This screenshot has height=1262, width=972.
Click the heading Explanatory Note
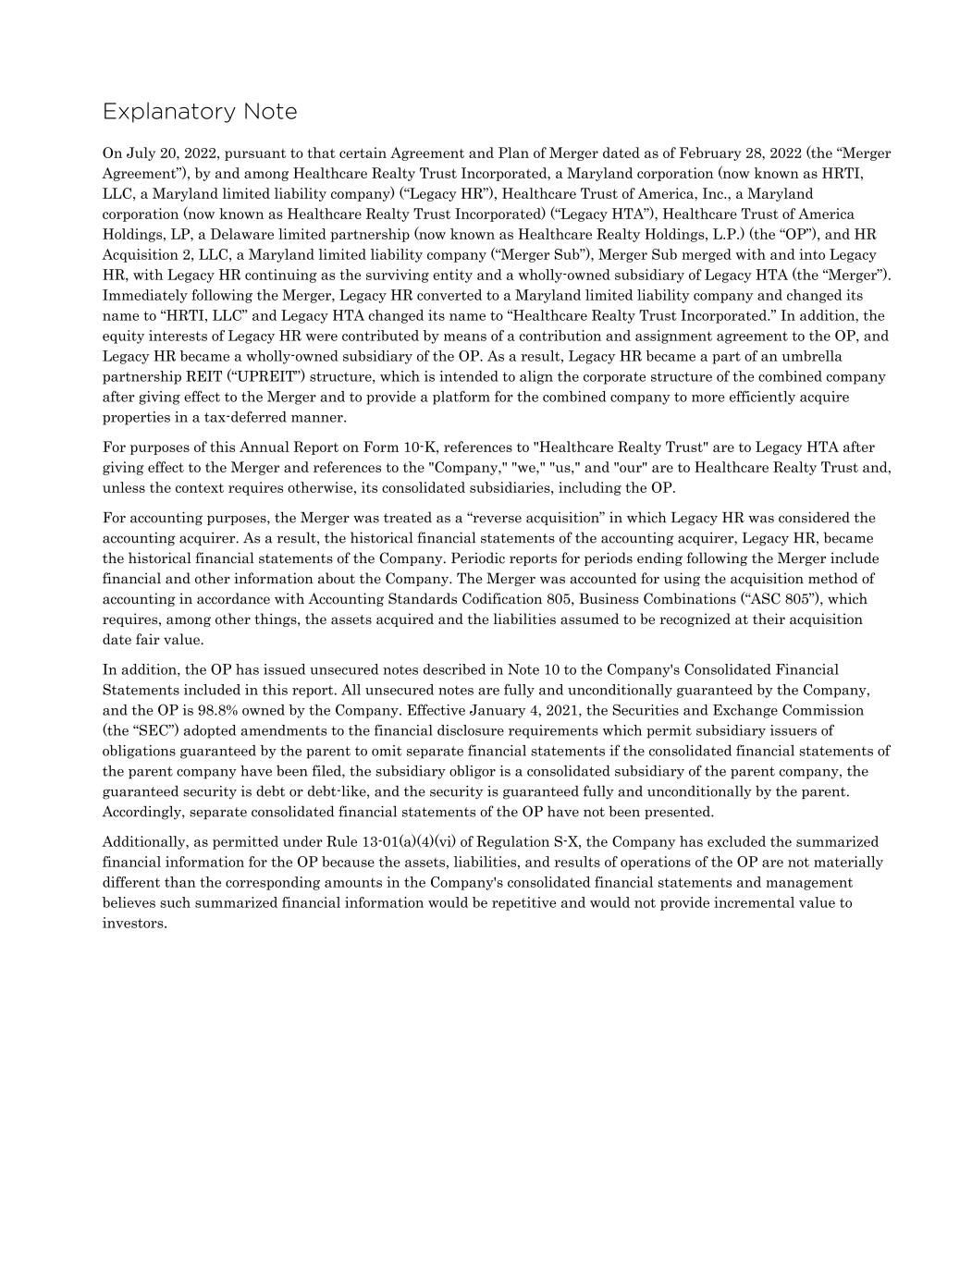pyautogui.click(x=200, y=112)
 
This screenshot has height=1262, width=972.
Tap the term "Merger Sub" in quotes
pyautogui.click(x=554, y=255)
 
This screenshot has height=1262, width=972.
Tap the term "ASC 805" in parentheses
pyautogui.click(x=776, y=599)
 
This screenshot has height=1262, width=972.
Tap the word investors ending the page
pyautogui.click(x=134, y=924)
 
